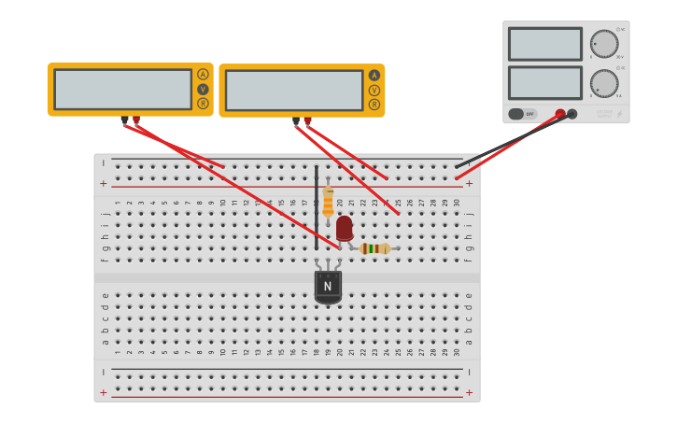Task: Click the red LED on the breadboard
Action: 345,227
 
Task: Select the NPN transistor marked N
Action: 328,286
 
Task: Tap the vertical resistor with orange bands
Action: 328,201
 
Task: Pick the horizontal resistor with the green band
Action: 374,248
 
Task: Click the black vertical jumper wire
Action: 316,205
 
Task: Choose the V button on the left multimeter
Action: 203,89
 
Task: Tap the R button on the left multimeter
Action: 203,104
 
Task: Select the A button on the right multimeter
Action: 374,76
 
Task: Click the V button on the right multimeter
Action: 374,91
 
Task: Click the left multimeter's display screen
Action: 122,89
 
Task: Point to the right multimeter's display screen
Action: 294,91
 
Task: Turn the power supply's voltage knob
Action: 604,44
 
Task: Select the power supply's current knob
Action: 604,83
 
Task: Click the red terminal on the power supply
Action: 560,114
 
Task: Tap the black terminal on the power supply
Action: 572,114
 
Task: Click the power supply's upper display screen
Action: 545,44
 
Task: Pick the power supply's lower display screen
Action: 545,82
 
